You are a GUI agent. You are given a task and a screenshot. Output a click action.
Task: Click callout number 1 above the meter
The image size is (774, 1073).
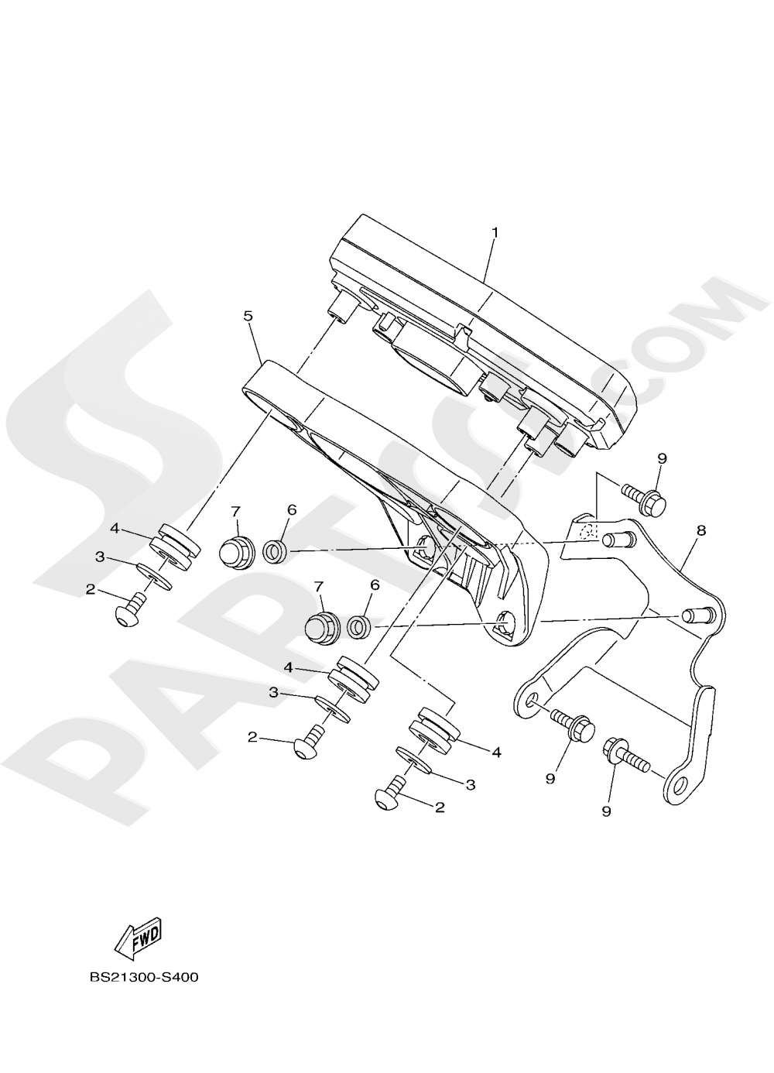tap(495, 233)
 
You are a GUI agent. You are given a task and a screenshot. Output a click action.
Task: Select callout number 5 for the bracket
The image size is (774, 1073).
tap(248, 316)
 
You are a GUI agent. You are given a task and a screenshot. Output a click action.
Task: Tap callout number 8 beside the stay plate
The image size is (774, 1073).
tap(702, 530)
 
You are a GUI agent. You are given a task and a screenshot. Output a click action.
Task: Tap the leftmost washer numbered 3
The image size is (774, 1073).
tap(154, 575)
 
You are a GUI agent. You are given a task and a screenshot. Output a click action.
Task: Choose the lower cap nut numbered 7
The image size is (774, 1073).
tap(321, 626)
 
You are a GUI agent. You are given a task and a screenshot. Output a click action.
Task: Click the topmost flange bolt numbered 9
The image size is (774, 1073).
tap(644, 499)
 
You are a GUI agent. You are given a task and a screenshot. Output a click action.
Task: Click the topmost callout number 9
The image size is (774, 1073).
tap(662, 458)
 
